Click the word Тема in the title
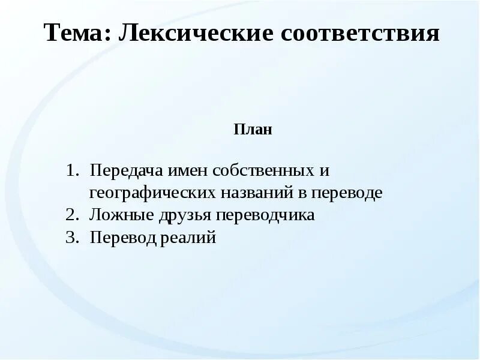pyautogui.click(x=74, y=34)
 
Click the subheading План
pyautogui.click(x=253, y=129)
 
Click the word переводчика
pyautogui.click(x=266, y=215)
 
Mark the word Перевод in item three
pyautogui.click(x=124, y=238)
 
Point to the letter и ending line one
pyautogui.click(x=325, y=171)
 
